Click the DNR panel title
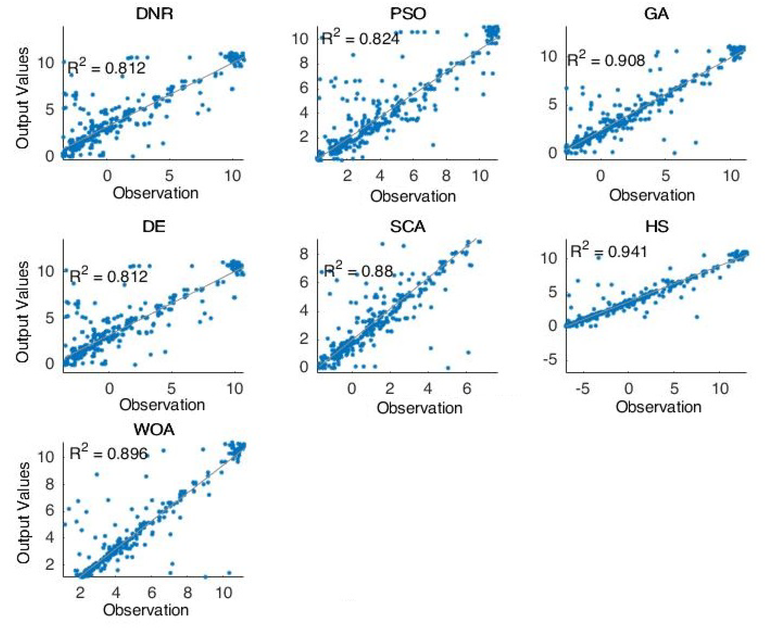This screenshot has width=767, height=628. pyautogui.click(x=154, y=14)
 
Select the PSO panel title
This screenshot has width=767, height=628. pyautogui.click(x=408, y=14)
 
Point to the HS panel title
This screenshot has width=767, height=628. pyautogui.click(x=657, y=227)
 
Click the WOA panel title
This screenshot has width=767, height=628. pyautogui.click(x=154, y=430)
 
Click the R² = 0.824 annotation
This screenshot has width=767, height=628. pyautogui.click(x=360, y=38)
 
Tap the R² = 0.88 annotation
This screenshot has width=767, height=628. pyautogui.click(x=358, y=270)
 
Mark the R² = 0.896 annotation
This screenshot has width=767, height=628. pyautogui.click(x=109, y=453)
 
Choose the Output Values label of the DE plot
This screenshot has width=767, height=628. pyautogui.click(x=22, y=312)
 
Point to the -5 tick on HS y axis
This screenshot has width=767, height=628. pyautogui.click(x=552, y=360)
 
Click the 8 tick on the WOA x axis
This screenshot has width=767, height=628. pyautogui.click(x=187, y=592)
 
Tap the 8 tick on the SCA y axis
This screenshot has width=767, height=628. pyautogui.click(x=304, y=254)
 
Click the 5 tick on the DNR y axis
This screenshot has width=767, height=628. pyautogui.click(x=50, y=109)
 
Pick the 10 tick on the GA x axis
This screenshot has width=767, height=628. pyautogui.click(x=731, y=176)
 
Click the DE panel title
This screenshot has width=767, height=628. pyautogui.click(x=154, y=227)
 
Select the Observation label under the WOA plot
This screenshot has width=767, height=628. pyautogui.click(x=146, y=610)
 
